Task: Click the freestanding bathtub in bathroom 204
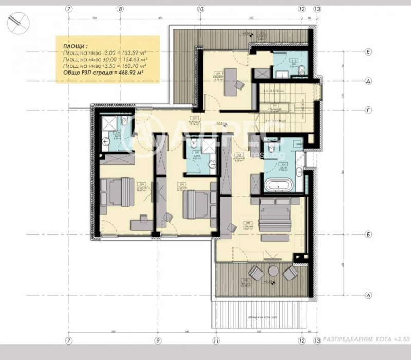tap(277, 185)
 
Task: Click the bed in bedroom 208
tap(197, 204)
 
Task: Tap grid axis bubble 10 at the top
tap(200, 8)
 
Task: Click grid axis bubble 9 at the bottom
tap(158, 340)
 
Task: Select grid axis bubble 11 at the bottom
tap(216, 340)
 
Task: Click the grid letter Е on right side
tap(368, 52)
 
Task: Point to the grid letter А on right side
tap(368, 295)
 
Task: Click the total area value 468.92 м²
tap(127, 74)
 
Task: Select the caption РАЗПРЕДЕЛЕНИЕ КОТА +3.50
tap(363, 340)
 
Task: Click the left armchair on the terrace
tap(254, 273)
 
